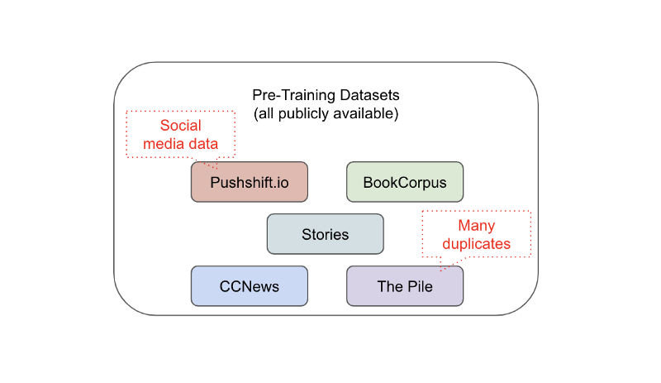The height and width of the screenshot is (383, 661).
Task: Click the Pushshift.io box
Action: point(249,182)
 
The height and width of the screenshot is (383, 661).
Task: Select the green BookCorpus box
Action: point(404,182)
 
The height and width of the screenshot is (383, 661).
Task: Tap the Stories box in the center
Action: point(325,234)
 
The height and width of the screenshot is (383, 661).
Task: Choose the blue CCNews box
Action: point(249,286)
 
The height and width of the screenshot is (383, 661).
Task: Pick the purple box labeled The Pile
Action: point(404,286)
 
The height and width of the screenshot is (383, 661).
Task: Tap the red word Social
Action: point(180,127)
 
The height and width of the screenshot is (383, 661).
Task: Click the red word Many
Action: point(476,226)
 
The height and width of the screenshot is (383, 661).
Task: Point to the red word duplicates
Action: point(476,244)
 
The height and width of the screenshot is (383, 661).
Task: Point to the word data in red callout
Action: point(202,144)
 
